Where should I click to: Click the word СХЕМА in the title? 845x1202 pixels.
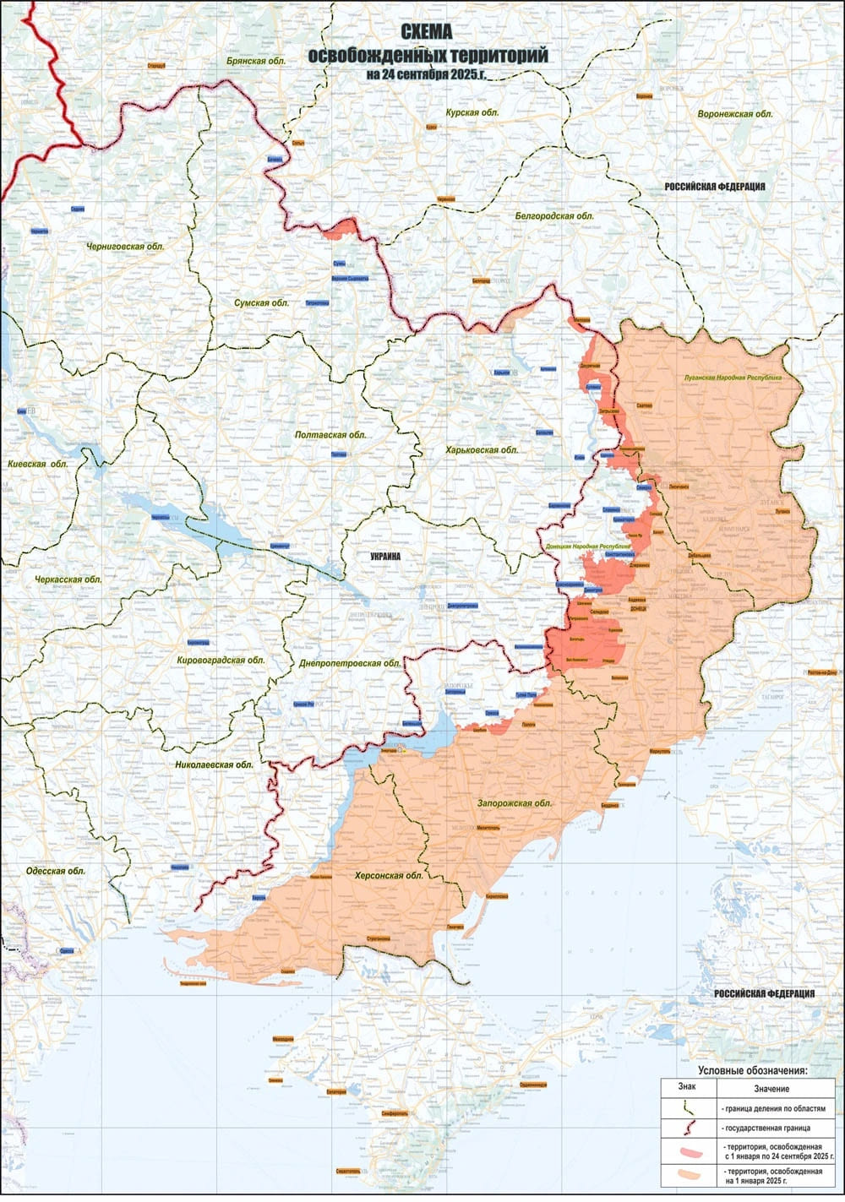427,33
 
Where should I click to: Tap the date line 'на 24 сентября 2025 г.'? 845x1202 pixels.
427,74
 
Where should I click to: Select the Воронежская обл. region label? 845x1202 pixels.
734,114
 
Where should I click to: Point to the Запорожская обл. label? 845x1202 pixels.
514,803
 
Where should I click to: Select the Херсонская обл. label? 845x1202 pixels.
389,876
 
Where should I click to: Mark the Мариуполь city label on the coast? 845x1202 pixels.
658,750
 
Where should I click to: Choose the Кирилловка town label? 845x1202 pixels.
497,895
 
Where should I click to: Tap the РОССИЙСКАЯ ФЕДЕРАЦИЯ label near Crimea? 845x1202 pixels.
764,994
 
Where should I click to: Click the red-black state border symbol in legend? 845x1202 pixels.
689,1127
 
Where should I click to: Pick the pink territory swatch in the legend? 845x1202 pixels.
689,1150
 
